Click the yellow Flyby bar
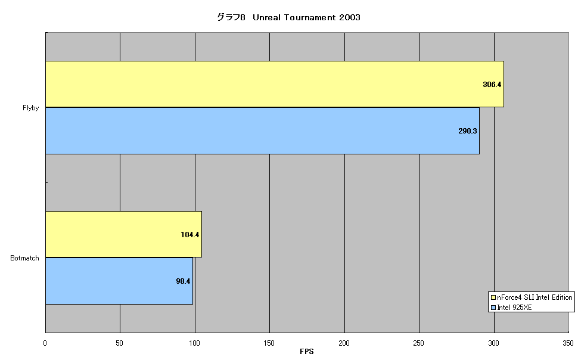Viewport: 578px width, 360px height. click(275, 84)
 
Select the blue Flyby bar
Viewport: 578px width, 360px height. click(262, 131)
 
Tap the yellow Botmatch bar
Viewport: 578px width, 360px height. click(123, 234)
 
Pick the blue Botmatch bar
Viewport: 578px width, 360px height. click(119, 281)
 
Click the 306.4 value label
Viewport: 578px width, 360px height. click(492, 85)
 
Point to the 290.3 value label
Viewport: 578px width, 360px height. click(467, 131)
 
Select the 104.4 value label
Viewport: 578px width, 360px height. click(190, 235)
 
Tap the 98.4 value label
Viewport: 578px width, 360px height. click(183, 281)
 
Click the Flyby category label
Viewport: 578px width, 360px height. click(30, 108)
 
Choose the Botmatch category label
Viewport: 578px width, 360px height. click(24, 258)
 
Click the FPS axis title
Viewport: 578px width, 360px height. click(307, 351)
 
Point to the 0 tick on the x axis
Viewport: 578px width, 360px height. click(45, 343)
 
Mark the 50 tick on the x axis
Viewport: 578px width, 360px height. click(119, 343)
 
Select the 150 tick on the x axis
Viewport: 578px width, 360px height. click(269, 343)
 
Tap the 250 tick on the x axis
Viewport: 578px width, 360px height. click(418, 343)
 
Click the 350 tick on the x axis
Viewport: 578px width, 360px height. click(568, 343)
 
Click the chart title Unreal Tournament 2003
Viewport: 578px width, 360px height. click(306, 17)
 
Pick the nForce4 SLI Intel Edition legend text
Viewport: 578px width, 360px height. click(535, 297)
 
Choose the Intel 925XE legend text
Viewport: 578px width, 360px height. click(514, 308)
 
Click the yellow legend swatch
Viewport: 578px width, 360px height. click(493, 297)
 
